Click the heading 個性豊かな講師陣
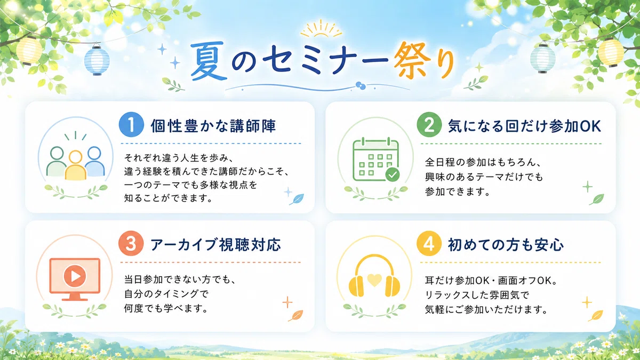(213, 126)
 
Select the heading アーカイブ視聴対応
(215, 245)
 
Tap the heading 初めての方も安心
(506, 245)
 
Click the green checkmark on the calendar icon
(393, 174)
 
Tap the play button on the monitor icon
(75, 276)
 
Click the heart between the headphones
(374, 280)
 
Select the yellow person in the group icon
(75, 165)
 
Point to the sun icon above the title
(321, 29)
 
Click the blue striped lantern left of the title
(97, 60)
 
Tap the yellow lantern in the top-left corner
(29, 51)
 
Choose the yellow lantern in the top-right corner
(611, 52)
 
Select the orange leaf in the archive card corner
(295, 315)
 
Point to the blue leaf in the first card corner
(297, 199)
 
